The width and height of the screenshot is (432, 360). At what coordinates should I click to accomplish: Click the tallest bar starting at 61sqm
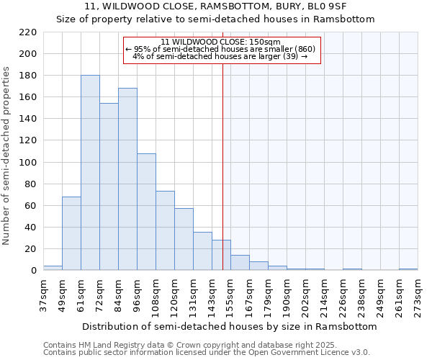point(90,173)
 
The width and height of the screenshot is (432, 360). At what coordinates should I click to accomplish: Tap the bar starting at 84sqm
point(127,179)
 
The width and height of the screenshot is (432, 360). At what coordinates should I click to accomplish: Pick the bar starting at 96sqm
point(146,212)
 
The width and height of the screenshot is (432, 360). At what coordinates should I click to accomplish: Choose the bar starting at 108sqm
point(165,230)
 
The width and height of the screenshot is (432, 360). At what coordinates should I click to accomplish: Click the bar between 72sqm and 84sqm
point(109,186)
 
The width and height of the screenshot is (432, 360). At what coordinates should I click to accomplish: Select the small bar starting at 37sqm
point(53,268)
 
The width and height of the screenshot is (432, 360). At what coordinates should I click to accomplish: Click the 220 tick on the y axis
point(28,32)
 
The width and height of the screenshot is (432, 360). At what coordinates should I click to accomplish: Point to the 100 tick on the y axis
point(28,163)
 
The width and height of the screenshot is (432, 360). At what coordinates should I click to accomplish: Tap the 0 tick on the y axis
point(33,271)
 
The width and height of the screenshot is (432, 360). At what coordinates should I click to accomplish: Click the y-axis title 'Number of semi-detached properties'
point(7,156)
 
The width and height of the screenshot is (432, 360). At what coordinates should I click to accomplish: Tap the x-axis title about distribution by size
point(230,326)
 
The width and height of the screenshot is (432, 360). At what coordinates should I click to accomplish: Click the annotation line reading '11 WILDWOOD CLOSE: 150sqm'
point(220,42)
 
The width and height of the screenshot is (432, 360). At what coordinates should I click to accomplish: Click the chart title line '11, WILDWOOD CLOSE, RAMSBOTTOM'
point(216,6)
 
